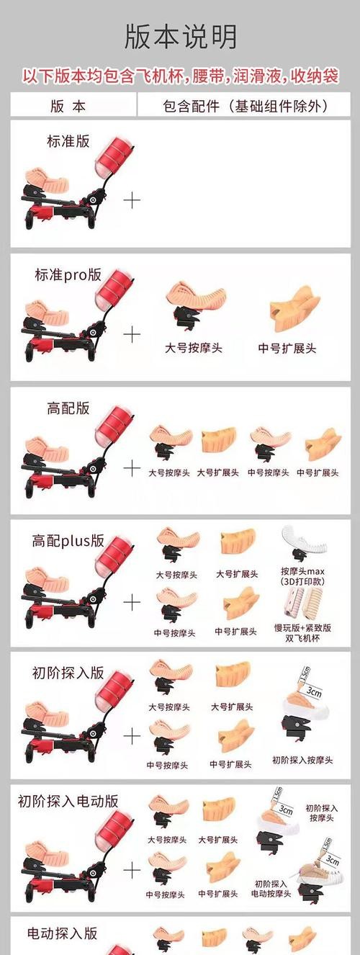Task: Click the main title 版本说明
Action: pyautogui.click(x=180, y=37)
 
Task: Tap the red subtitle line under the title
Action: pyautogui.click(x=180, y=74)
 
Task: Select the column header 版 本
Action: pyautogui.click(x=69, y=106)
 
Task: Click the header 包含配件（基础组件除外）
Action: pyautogui.click(x=246, y=106)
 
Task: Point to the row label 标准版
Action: pyautogui.click(x=68, y=140)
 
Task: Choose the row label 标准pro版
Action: pyautogui.click(x=68, y=274)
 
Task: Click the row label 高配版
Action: pyautogui.click(x=68, y=408)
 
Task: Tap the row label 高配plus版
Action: pyautogui.click(x=68, y=540)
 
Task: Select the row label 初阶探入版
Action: pyautogui.click(x=68, y=673)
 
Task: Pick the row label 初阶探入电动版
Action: pyautogui.click(x=68, y=801)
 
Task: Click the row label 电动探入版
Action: pyautogui.click(x=62, y=933)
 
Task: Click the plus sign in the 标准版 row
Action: pyautogui.click(x=132, y=200)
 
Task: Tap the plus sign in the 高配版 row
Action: pyautogui.click(x=132, y=468)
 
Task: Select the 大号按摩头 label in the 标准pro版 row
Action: pyautogui.click(x=194, y=348)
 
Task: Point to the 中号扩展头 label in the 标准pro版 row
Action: pyautogui.click(x=287, y=348)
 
